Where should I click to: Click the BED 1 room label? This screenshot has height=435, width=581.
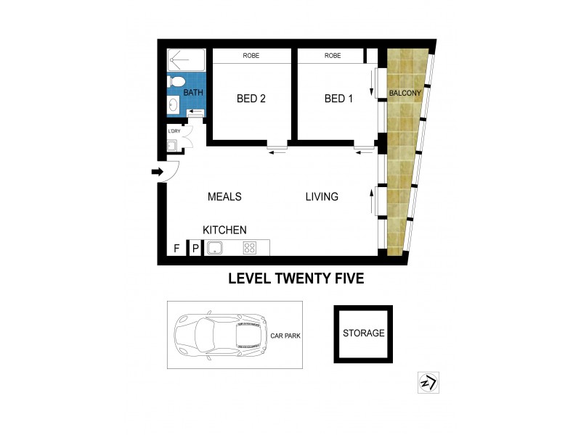[x=338, y=99]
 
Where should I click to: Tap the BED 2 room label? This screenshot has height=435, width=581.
[x=251, y=99]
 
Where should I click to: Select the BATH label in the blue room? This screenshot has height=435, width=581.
[x=192, y=93]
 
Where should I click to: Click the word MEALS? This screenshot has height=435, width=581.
[x=224, y=196]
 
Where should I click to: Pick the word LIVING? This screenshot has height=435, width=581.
[x=321, y=196]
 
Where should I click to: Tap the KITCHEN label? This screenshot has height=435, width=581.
[x=224, y=229]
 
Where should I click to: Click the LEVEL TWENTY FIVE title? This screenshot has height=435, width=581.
[x=296, y=277]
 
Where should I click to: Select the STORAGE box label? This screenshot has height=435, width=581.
[x=363, y=333]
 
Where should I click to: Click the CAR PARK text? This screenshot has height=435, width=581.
[x=287, y=336]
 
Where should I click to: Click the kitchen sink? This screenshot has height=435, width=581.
[x=215, y=248]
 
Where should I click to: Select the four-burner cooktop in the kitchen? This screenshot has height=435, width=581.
[x=250, y=248]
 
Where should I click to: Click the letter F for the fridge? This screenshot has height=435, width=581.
[x=176, y=249]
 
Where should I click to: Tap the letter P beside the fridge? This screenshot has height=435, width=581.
[x=195, y=249]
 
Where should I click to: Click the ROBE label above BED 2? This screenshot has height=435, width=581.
[x=251, y=56]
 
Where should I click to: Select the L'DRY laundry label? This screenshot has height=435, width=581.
[x=174, y=131]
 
